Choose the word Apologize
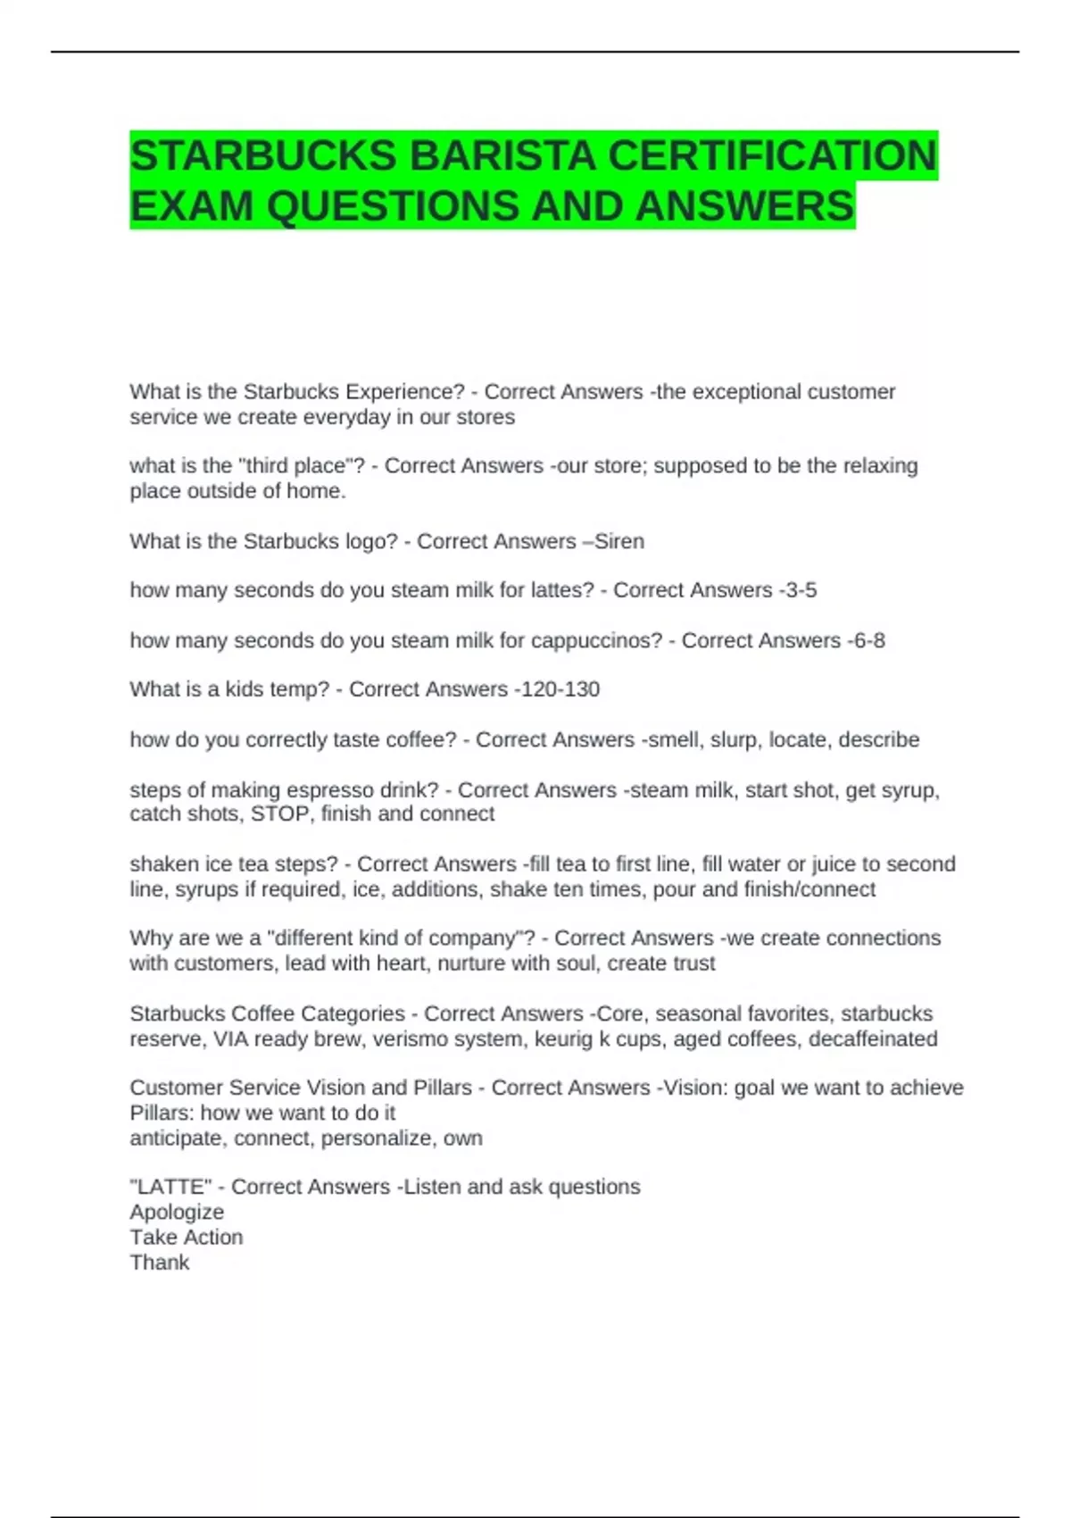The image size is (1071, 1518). (177, 1212)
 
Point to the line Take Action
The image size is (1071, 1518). (186, 1237)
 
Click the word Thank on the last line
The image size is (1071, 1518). (159, 1262)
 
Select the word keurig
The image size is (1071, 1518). (560, 1038)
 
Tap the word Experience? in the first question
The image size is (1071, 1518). (408, 392)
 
